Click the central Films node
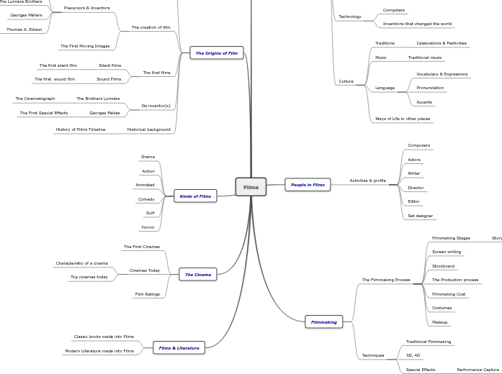click(251, 187)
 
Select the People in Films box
click(308, 185)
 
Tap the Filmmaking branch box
click(324, 322)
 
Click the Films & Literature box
click(179, 348)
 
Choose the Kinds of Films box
click(195, 196)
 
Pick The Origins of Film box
click(217, 53)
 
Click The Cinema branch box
click(198, 275)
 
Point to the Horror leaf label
click(148, 227)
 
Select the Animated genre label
click(145, 185)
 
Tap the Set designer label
click(421, 216)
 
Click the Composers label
click(418, 145)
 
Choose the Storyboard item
click(443, 266)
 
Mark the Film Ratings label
click(148, 294)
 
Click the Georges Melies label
click(104, 113)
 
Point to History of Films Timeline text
click(81, 129)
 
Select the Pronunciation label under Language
click(430, 88)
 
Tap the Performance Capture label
click(478, 370)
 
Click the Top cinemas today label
click(89, 277)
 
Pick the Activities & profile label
click(367, 181)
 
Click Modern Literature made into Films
click(99, 351)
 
